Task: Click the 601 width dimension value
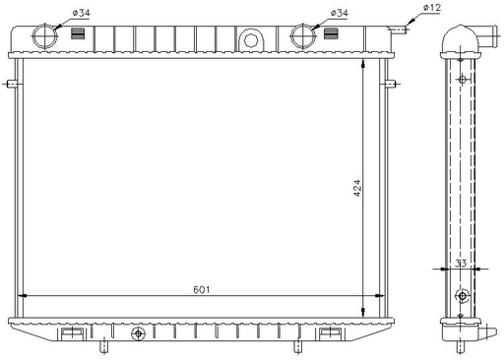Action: (201, 290)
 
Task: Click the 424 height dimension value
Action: (357, 188)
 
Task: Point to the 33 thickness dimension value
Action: (461, 264)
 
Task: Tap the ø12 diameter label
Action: (432, 8)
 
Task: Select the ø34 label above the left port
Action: (81, 13)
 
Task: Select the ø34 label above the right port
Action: (340, 13)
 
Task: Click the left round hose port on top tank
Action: (45, 36)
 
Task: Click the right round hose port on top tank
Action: (303, 36)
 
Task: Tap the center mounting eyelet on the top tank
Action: (251, 40)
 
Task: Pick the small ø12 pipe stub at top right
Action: (399, 30)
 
